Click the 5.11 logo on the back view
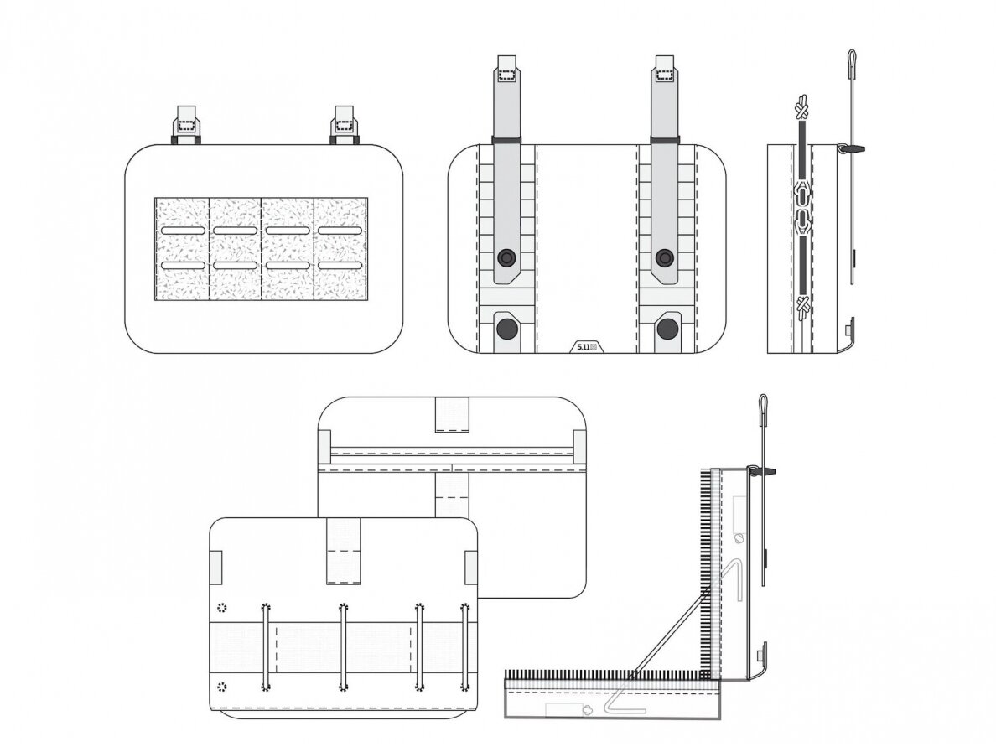pos(588,346)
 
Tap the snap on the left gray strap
pos(506,257)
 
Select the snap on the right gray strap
pos(665,257)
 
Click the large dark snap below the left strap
pos(507,329)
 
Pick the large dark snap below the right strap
pos(667,329)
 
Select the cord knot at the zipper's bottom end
pos(803,308)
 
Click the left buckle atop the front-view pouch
pos(185,124)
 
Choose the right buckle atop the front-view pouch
pos(345,124)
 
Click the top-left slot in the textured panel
pos(183,231)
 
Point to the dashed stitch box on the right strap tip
pos(665,75)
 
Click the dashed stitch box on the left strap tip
pos(506,75)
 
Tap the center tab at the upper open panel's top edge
pos(452,415)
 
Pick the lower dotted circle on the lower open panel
pos(221,686)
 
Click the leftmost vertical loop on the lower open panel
pos(266,646)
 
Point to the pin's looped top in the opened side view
pos(763,404)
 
